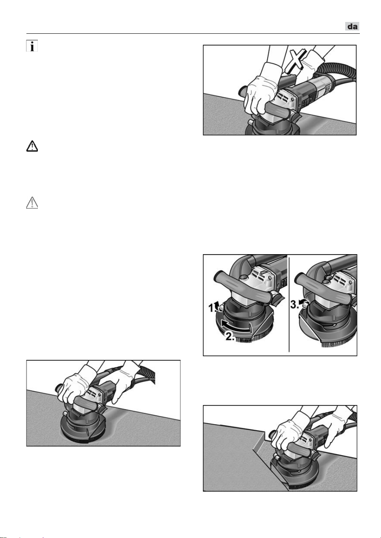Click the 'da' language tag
[352, 26]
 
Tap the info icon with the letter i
[32, 46]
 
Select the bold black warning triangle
[32, 146]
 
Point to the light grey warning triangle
[32, 203]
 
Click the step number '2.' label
[230, 336]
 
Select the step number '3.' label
[294, 305]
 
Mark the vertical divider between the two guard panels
[289, 304]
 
